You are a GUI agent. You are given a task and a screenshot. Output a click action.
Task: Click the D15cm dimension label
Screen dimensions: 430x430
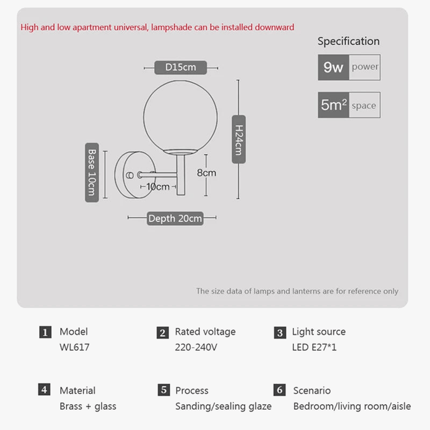pyautogui.click(x=181, y=68)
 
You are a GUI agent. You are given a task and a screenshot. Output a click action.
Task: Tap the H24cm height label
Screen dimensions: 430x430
pyautogui.click(x=238, y=139)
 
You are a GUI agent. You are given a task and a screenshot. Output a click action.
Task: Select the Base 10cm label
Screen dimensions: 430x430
pyautogui.click(x=92, y=173)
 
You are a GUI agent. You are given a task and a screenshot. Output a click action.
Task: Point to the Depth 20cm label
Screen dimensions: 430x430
pyautogui.click(x=175, y=219)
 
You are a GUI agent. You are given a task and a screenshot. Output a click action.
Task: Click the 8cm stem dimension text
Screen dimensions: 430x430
pyautogui.click(x=206, y=173)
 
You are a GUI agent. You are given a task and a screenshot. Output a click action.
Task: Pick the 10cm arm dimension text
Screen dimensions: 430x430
pyautogui.click(x=158, y=187)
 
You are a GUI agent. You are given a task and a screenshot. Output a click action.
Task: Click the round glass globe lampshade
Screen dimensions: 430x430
pyautogui.click(x=181, y=117)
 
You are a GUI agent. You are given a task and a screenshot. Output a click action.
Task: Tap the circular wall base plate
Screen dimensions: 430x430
pyautogui.click(x=135, y=174)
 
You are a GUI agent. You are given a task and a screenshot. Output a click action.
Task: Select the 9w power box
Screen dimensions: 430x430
pyautogui.click(x=349, y=67)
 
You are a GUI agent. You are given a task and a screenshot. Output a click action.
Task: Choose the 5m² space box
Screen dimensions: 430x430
pyautogui.click(x=349, y=105)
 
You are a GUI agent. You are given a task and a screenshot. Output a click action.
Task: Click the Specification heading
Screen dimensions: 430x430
pyautogui.click(x=348, y=41)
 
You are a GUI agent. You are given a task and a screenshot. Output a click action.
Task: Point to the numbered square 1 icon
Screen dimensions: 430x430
pyautogui.click(x=45, y=332)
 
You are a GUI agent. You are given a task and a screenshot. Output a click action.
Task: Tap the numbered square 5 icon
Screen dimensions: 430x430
pyautogui.click(x=164, y=389)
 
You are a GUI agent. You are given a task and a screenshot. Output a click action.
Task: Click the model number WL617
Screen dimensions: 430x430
pyautogui.click(x=74, y=347)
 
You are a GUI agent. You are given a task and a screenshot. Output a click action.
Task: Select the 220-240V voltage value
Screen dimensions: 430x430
pyautogui.click(x=196, y=347)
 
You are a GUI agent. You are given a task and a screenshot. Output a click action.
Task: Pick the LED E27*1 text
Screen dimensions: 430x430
pyautogui.click(x=315, y=347)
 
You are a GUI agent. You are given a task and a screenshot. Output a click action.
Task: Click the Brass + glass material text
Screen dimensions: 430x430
pyautogui.click(x=88, y=406)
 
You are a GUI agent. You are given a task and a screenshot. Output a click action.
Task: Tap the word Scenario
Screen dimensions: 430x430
pyautogui.click(x=312, y=391)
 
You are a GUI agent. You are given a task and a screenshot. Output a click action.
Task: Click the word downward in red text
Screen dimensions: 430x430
pyautogui.click(x=275, y=27)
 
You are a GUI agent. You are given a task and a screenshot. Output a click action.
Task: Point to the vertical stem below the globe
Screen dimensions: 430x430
pyautogui.click(x=181, y=174)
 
